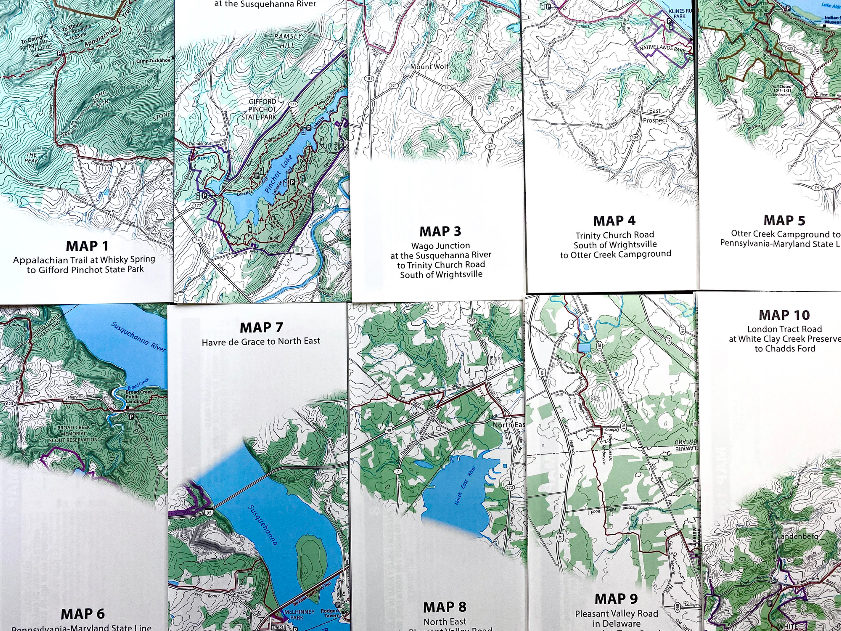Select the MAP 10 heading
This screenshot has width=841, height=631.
coord(784,315)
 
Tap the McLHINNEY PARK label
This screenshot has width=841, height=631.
coord(299,614)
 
